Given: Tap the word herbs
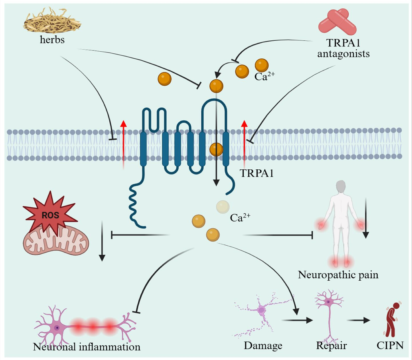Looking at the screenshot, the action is [52, 40].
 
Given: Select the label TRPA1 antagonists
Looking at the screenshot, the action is [343, 48].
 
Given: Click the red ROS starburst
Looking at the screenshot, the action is [50, 214].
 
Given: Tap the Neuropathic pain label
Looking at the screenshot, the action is [338, 275].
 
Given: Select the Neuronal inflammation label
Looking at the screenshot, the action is [86, 347].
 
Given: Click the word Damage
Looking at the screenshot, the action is [263, 345].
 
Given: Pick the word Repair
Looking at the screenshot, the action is [331, 345].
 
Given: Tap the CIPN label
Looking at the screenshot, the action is [390, 345].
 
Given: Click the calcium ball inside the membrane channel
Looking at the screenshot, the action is [216, 149].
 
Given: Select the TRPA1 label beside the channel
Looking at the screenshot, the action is [257, 173].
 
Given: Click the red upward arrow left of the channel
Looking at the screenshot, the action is [123, 144].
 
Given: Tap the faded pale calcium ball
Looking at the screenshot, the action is [223, 207].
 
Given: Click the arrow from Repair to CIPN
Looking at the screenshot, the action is [359, 320].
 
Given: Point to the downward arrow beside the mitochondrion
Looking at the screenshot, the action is [102, 241].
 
